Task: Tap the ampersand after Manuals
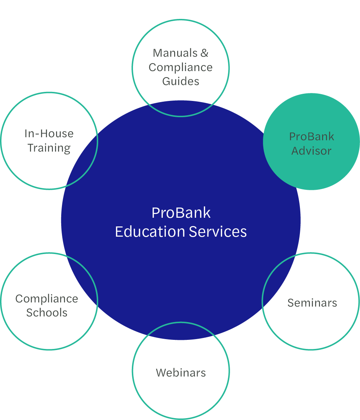coord(204,53)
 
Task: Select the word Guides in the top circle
coord(181,81)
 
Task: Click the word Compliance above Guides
coord(181,67)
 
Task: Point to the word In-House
coord(49,133)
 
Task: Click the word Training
coord(49,148)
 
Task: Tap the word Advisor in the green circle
coord(311,151)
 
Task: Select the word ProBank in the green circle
coord(311,136)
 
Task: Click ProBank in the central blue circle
coord(181,213)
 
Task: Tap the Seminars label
coord(312,303)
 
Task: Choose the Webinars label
coord(181,373)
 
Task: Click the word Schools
coord(47,313)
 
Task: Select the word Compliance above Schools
coord(47,299)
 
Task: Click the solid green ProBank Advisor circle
coord(311,166)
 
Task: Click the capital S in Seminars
coord(290,303)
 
